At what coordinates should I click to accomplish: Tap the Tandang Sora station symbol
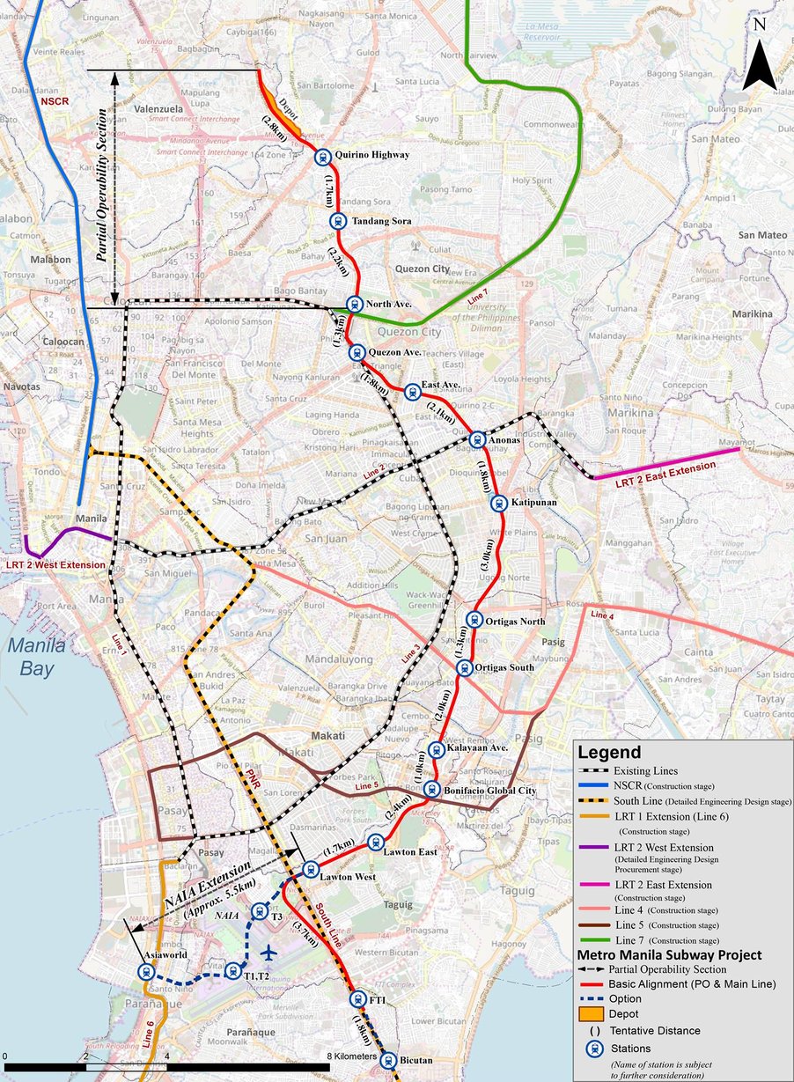335,222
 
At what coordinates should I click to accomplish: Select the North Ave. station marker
353,305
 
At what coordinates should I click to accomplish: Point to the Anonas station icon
476,438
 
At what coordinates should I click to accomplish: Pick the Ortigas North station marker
474,619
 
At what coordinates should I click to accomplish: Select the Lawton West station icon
310,870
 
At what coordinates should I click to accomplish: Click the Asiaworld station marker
146,972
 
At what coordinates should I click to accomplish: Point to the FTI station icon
357,999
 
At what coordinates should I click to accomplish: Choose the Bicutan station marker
387,1062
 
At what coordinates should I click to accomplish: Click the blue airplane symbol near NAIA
270,953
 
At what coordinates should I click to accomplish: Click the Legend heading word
609,753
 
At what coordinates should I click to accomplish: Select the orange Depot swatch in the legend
591,1014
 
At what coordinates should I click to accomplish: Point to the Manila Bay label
38,655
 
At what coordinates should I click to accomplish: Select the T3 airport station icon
259,911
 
